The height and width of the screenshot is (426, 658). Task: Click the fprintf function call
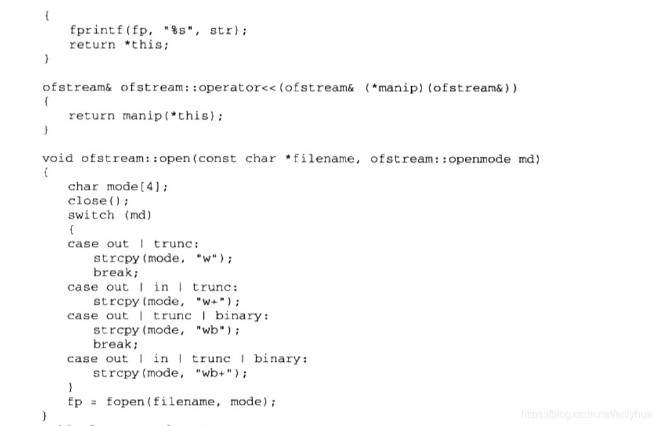click(x=93, y=30)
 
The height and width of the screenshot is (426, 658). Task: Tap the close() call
click(x=98, y=201)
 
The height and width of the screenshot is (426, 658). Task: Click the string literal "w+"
click(x=212, y=301)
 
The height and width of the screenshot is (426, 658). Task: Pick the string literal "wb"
click(x=212, y=330)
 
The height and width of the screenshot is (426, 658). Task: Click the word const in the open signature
click(x=218, y=158)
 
